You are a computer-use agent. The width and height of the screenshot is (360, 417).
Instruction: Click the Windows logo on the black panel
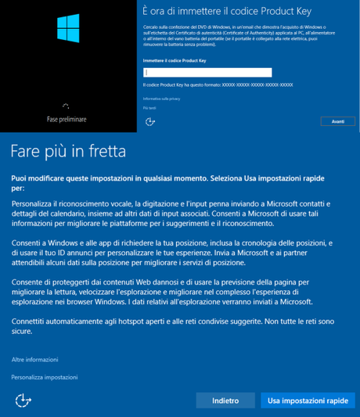[x=67, y=28]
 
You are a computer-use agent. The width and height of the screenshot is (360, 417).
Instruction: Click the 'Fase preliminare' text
[x=67, y=119]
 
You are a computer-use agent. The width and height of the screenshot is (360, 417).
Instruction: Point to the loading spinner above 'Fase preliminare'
[x=67, y=106]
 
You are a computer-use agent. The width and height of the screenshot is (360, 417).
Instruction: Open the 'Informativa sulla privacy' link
[x=161, y=99]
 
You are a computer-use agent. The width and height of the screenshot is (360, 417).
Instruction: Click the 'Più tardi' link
[x=149, y=108]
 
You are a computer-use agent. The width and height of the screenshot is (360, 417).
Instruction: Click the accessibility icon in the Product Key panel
[x=151, y=121]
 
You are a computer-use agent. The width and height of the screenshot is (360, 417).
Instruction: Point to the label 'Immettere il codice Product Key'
[x=175, y=59]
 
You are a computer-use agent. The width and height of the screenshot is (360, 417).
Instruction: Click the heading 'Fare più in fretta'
[x=68, y=149]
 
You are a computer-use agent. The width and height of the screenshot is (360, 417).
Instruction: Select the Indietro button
[x=225, y=400]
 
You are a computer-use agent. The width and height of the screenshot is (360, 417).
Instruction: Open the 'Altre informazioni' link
[x=34, y=359]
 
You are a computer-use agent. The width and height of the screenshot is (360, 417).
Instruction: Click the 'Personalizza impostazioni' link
[x=45, y=377]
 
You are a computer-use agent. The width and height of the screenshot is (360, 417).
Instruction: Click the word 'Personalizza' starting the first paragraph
[x=34, y=203]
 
